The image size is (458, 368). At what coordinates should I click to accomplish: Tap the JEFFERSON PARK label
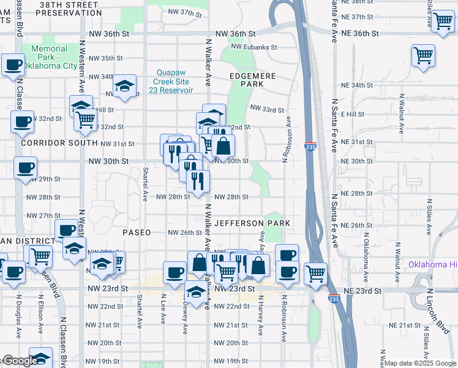(252, 223)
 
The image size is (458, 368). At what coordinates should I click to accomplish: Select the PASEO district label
(136, 232)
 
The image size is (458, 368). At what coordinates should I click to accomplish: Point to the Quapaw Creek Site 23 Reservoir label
(171, 81)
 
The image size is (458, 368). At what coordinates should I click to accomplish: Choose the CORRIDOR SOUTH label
(51, 142)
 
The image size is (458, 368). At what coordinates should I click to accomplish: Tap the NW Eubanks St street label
(254, 47)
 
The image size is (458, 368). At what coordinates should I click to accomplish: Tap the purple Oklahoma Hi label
(432, 265)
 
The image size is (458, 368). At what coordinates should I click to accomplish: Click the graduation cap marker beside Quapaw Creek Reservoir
(125, 86)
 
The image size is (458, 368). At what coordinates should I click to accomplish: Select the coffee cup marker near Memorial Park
(13, 64)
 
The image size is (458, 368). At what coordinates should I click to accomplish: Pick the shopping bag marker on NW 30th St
(224, 146)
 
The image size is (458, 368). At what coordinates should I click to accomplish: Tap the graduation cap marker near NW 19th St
(41, 358)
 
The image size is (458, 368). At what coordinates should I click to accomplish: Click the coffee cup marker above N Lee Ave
(175, 272)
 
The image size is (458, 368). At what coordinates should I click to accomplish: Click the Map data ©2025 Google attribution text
(420, 363)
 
